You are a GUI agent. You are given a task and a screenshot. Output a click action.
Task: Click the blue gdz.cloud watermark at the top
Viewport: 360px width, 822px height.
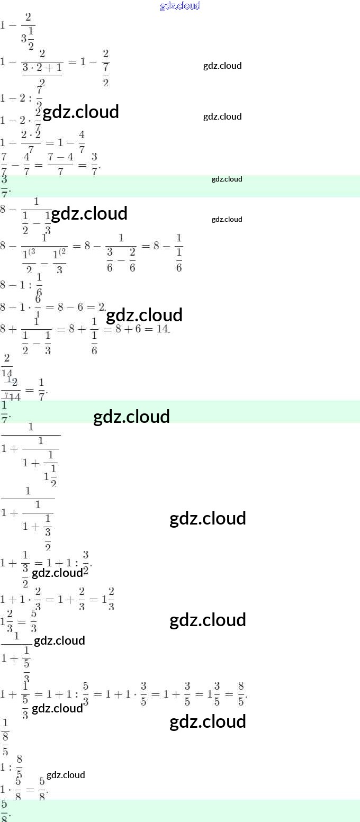click(180, 6)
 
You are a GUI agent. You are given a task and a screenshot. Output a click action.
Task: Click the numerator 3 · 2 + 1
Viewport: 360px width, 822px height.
click(42, 67)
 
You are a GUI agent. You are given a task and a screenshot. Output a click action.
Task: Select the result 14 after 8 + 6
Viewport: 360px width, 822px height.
click(162, 329)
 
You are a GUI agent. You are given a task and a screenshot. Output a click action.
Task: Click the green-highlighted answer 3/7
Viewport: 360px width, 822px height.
click(5, 186)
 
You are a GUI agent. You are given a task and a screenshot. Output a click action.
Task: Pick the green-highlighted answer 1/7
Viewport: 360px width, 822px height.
click(5, 411)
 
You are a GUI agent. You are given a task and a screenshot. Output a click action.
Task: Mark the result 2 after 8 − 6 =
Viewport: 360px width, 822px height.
click(102, 306)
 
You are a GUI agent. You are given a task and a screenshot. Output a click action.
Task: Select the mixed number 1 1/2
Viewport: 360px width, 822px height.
click(51, 473)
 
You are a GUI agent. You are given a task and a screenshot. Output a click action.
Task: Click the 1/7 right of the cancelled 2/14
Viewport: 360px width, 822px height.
click(42, 390)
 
